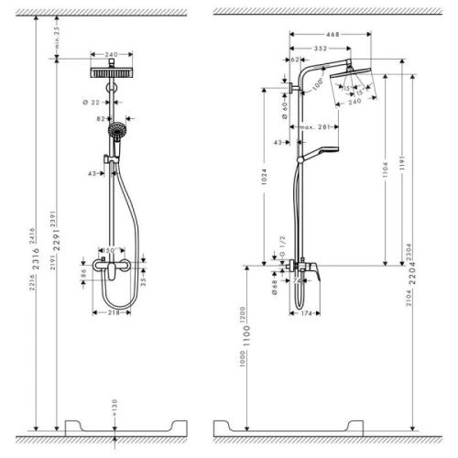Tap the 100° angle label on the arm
(316, 84)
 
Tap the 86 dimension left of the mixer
(82, 272)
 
